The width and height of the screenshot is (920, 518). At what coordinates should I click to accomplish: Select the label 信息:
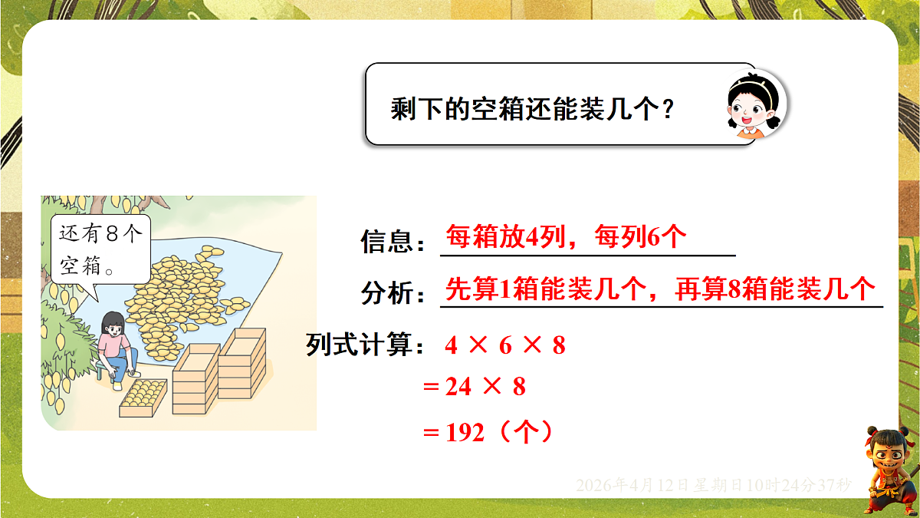pyautogui.click(x=393, y=243)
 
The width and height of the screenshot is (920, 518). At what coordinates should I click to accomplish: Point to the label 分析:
pyautogui.click(x=393, y=293)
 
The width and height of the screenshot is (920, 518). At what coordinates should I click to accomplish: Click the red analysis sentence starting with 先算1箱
pyautogui.click(x=659, y=290)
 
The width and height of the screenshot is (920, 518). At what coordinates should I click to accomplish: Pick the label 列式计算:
pyautogui.click(x=366, y=345)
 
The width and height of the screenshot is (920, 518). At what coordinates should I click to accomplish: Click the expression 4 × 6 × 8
pyautogui.click(x=504, y=346)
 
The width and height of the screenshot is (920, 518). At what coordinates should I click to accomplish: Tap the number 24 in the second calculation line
pyautogui.click(x=458, y=387)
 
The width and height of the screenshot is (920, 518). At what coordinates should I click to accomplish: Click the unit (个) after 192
pyautogui.click(x=526, y=433)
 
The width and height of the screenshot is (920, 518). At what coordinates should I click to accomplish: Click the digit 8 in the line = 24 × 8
pyautogui.click(x=519, y=387)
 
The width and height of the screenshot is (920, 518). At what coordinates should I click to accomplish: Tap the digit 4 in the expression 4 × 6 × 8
pyautogui.click(x=451, y=346)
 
